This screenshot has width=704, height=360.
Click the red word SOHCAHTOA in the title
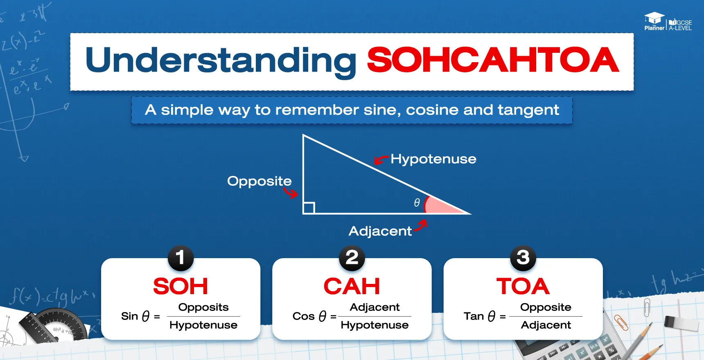coord(493,60)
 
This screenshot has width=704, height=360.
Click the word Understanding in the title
coord(221,61)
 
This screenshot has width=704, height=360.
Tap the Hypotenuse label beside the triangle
coord(433,159)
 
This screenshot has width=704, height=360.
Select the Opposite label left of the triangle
coord(259,181)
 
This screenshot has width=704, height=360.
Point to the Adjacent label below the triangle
coord(380,231)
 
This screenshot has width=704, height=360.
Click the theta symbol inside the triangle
coord(417,202)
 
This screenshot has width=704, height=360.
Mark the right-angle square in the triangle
coord(309,208)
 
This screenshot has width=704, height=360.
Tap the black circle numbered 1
coord(181,258)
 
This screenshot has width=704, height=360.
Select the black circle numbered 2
coord(352,258)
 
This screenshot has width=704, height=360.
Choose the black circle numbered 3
coord(523,258)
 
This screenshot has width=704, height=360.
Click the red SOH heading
coord(181,286)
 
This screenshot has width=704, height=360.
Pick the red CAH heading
coord(352,286)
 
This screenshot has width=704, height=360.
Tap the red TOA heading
coord(523,286)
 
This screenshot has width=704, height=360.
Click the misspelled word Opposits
coord(203,307)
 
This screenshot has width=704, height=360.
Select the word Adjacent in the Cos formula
coord(375,307)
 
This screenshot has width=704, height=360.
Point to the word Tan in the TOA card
coord(474,316)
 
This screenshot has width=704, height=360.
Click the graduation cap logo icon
coord(654,18)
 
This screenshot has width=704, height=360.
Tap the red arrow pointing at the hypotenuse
coord(381,160)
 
